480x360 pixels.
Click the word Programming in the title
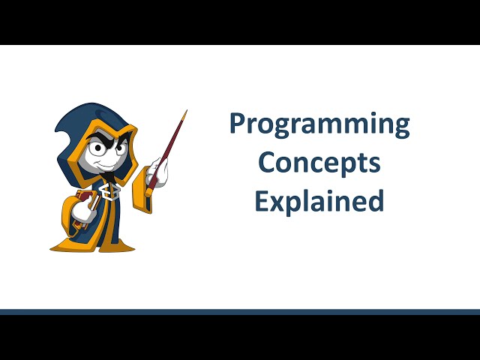point(319,124)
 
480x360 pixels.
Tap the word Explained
point(319,200)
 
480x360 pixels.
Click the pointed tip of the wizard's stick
point(185,112)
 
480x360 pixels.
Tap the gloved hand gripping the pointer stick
point(157,172)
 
